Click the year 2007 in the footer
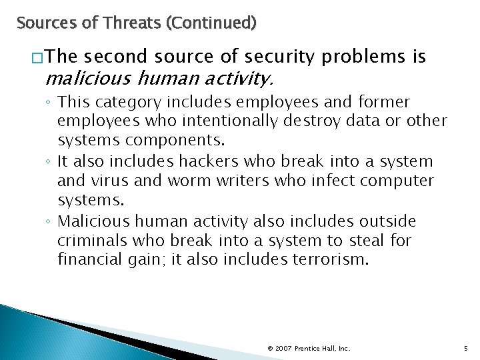point(283,348)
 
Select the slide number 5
point(465,348)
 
